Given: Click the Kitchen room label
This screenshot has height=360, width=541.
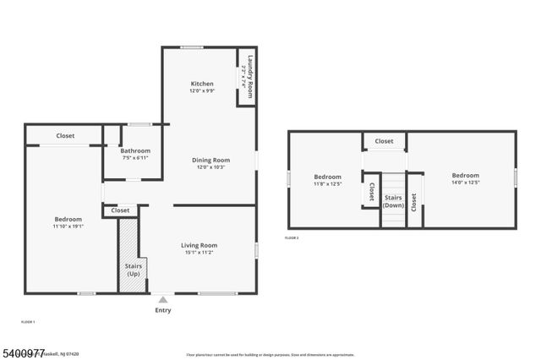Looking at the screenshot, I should click(202, 84).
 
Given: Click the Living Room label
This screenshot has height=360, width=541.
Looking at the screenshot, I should click(199, 245).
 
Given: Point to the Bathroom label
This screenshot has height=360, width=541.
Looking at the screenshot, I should click(135, 150).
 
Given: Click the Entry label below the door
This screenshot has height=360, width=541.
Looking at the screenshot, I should click(163, 310).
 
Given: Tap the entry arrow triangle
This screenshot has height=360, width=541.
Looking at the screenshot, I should click(163, 299).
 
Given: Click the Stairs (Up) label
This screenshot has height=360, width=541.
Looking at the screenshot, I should click(134, 270).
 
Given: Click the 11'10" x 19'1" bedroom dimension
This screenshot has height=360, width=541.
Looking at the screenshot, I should click(68, 226).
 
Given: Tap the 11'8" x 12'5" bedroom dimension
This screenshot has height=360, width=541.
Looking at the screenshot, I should click(327, 183).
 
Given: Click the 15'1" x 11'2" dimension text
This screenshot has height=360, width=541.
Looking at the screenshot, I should click(199, 253).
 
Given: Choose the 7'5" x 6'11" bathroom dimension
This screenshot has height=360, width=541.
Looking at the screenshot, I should click(135, 158).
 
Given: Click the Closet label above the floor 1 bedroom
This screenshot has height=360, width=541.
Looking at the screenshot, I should click(65, 136).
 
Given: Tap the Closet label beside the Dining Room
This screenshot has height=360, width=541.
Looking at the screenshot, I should click(120, 210).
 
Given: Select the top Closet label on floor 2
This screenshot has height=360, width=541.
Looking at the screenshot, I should click(384, 141).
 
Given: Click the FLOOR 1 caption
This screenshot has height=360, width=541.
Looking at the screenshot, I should click(28, 322).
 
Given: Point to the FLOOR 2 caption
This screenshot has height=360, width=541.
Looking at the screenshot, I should click(292, 238).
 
